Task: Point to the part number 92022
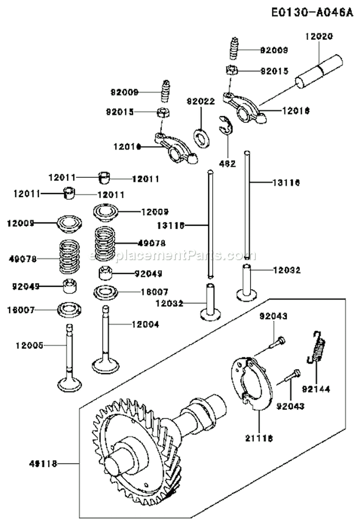(201, 101)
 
